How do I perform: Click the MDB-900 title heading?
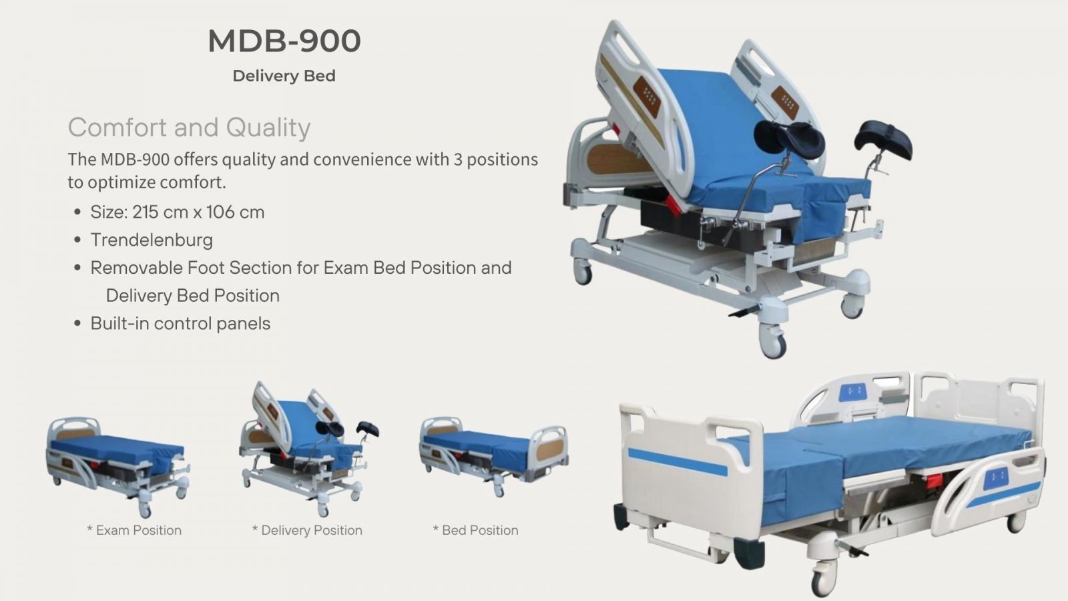pos(284,41)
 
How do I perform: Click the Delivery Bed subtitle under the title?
pos(284,76)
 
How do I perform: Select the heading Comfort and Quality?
pos(189,128)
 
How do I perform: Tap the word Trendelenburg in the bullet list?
pos(152,240)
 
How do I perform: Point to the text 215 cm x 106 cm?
pos(198,212)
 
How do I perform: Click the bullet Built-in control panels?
pos(180,323)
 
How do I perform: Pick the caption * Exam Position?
pos(134,530)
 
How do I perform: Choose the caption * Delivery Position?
pos(307,530)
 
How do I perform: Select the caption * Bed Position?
pos(475,530)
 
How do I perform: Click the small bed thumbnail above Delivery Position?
pos(310,449)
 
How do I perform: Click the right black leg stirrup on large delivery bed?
pos(884,139)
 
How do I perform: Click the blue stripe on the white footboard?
pos(678,461)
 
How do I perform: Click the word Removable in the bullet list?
pos(136,268)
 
